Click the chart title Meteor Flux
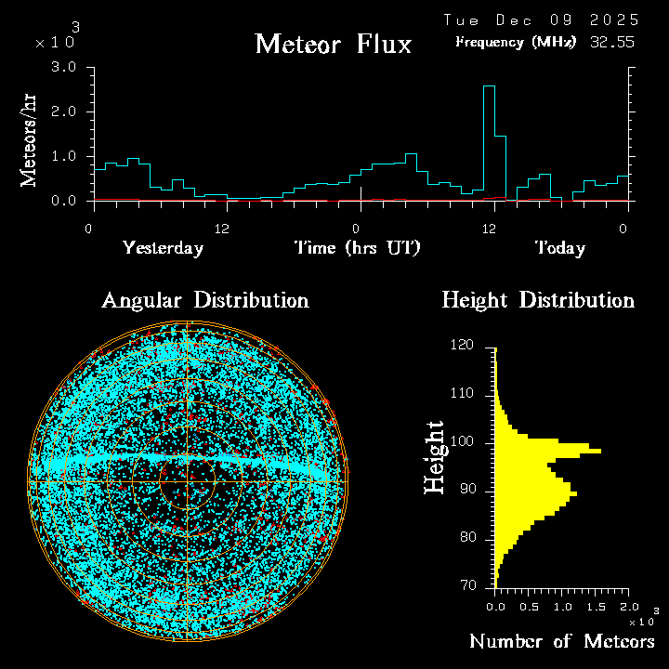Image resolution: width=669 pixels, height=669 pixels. pyautogui.click(x=333, y=44)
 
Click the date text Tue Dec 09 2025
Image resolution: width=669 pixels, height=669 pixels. pyautogui.click(x=541, y=20)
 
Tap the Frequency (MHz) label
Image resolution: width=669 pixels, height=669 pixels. pyautogui.click(x=516, y=42)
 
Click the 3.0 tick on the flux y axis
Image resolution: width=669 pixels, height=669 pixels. pyautogui.click(x=63, y=68)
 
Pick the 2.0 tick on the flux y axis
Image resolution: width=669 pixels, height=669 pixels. pyautogui.click(x=63, y=112)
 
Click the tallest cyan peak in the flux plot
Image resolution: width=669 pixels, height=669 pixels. pyautogui.click(x=489, y=87)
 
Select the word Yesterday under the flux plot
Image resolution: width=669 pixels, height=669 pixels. pyautogui.click(x=163, y=248)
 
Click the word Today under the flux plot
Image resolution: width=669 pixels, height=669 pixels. pyautogui.click(x=559, y=248)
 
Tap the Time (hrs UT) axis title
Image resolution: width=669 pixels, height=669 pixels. pyautogui.click(x=358, y=248)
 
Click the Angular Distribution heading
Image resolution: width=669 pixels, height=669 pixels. pyautogui.click(x=204, y=300)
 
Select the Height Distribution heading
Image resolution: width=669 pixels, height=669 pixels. pyautogui.click(x=538, y=300)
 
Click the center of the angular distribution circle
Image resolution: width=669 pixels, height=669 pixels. pyautogui.click(x=187, y=482)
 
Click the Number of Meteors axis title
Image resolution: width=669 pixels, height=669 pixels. pyautogui.click(x=561, y=642)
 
